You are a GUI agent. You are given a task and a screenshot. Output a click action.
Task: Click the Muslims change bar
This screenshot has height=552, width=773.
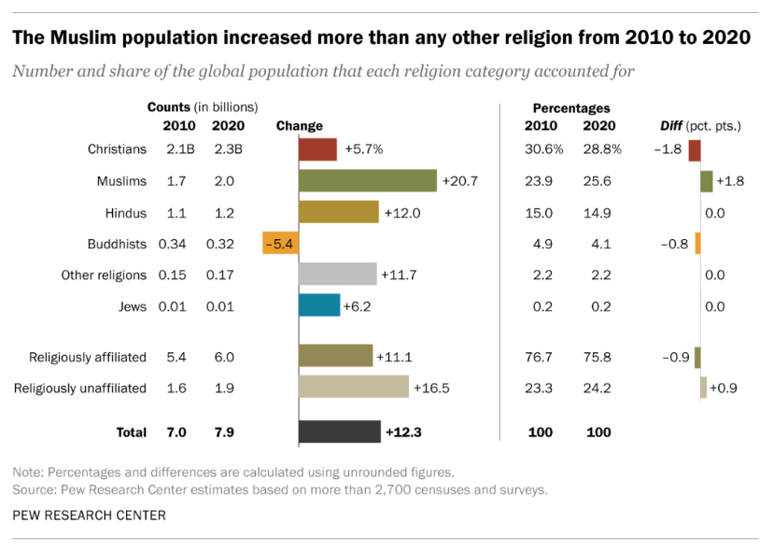coord(367,180)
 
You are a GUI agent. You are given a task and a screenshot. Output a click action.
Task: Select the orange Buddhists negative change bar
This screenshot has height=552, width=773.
coord(280,244)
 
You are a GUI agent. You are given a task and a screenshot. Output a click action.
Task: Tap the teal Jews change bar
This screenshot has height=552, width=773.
coord(318,306)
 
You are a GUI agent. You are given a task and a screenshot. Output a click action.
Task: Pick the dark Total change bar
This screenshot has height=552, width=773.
coord(339,432)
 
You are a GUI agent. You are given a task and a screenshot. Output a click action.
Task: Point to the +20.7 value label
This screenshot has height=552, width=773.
coord(460,180)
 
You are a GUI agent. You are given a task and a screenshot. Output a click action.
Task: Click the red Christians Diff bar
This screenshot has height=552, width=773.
coord(695,149)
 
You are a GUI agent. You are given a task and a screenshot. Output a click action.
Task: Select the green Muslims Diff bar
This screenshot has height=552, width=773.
coord(707,180)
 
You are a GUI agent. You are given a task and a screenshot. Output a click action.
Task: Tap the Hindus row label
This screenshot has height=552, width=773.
coord(126,213)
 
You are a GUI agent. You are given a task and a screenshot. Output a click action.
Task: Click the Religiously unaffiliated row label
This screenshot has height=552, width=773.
coord(80,388)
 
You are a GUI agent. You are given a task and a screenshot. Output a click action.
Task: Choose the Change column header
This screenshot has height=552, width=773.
coord(299,126)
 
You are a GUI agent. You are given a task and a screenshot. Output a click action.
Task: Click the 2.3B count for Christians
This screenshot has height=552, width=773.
coord(229,149)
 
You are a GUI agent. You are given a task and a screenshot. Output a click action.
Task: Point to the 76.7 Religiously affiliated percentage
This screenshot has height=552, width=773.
coord(539,357)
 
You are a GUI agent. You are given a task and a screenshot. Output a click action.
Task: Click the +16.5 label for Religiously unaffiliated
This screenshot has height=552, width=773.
coord(431,388)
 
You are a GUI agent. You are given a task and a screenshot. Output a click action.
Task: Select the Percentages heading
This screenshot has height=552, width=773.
coord(570,108)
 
